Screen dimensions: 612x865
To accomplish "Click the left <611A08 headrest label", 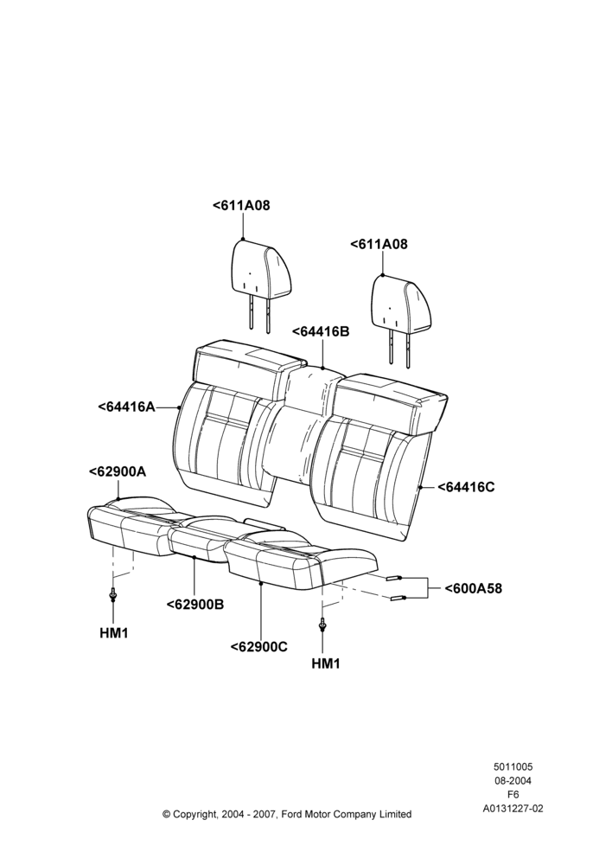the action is (241, 206).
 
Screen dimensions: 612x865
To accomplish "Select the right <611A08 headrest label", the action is (379, 245).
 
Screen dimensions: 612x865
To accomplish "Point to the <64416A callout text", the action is (127, 407).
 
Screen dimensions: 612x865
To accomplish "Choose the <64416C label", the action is (467, 487).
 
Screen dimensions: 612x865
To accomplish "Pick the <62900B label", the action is (195, 605).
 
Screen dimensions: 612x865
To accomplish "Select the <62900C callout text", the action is (259, 646).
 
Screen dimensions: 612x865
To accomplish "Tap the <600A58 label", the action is (474, 588).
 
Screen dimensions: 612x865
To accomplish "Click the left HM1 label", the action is (113, 634).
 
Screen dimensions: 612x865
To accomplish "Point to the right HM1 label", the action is (326, 663).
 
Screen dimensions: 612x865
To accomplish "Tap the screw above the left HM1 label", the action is (113, 595).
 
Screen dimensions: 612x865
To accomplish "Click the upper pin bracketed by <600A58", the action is (393, 578).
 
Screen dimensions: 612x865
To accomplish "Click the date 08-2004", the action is (513, 780).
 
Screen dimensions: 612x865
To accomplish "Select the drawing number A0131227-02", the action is (513, 809).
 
